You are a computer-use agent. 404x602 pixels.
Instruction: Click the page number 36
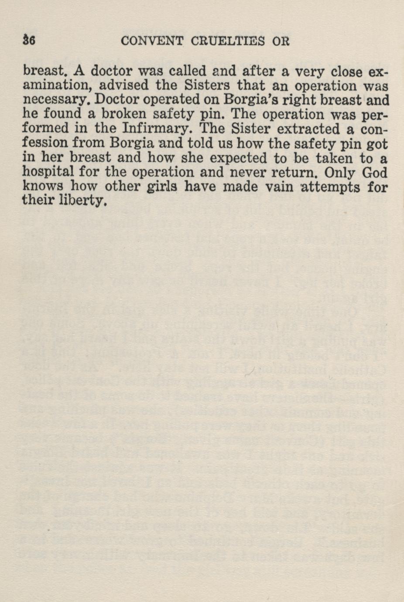pos(29,41)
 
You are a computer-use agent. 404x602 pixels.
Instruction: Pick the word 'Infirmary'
pos(158,129)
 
